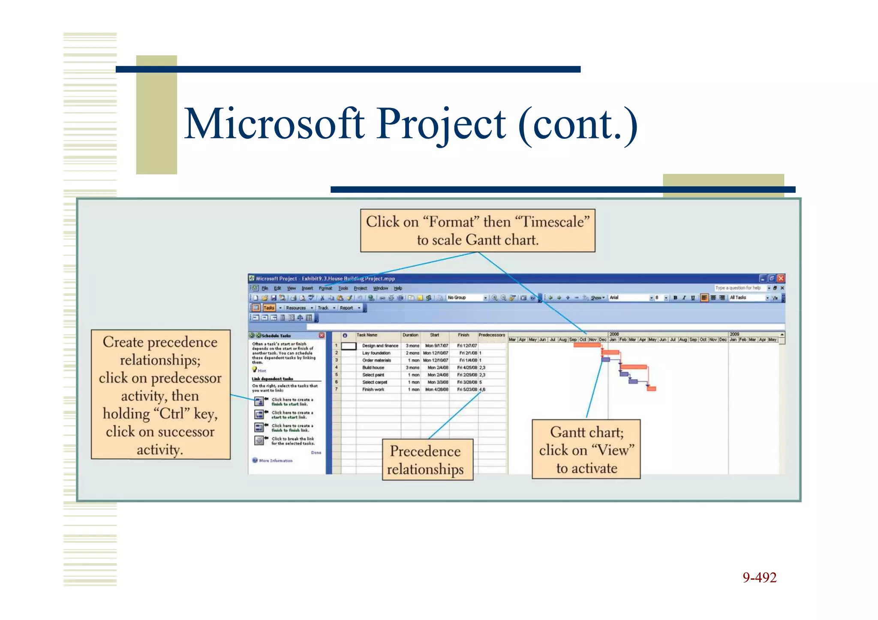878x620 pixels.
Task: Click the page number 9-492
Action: point(759,578)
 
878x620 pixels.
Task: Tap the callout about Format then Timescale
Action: point(478,231)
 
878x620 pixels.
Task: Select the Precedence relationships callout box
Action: point(427,460)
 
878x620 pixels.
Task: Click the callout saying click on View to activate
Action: point(586,449)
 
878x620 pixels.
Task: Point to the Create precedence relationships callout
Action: point(160,395)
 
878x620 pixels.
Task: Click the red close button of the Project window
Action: point(781,279)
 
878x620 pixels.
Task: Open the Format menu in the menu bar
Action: point(325,288)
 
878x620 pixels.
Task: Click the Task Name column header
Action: point(367,335)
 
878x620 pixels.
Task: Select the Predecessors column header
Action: point(492,335)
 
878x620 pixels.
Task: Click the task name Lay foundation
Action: point(376,353)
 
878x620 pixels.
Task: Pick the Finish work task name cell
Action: point(373,389)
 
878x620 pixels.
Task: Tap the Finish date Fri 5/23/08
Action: point(467,389)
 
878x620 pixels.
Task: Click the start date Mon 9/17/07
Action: point(436,346)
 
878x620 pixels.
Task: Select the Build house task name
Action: point(373,368)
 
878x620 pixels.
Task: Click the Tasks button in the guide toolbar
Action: point(269,308)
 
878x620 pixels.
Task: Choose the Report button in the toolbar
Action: point(346,308)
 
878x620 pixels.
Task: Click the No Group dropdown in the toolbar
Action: point(466,298)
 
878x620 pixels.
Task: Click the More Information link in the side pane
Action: point(276,461)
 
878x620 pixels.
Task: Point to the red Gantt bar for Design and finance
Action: point(586,345)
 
